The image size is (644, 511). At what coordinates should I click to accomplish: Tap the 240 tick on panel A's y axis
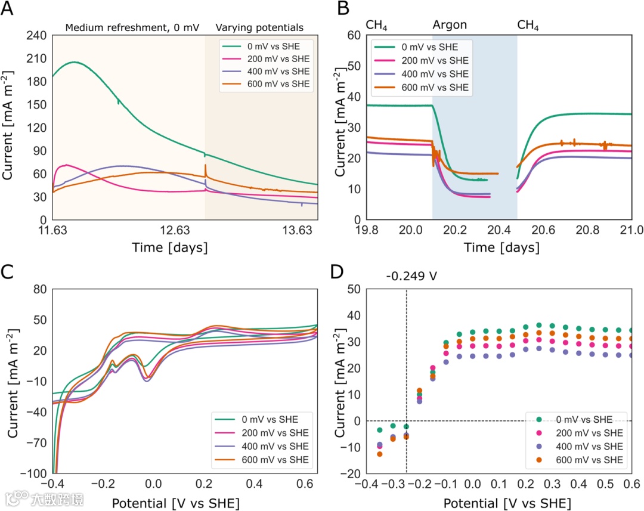click(36, 35)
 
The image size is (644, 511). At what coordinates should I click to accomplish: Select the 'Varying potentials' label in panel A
click(259, 27)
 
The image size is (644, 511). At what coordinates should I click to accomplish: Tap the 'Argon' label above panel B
click(450, 25)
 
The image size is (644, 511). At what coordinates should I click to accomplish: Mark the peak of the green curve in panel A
click(74, 62)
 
